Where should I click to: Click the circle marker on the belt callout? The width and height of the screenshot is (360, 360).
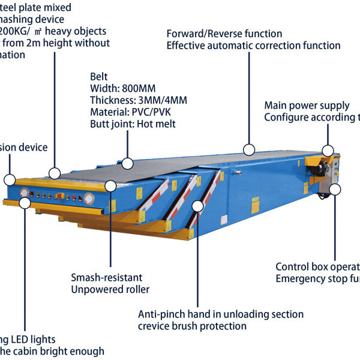pyautogui.click(x=127, y=163)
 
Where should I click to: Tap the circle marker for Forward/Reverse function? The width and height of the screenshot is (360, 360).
pyautogui.click(x=249, y=149)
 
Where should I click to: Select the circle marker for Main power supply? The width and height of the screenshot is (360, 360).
pyautogui.click(x=328, y=151)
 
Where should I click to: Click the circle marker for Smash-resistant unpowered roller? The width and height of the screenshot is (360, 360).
pyautogui.click(x=110, y=185)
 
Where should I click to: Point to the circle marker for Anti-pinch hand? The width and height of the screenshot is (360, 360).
pyautogui.click(x=198, y=206)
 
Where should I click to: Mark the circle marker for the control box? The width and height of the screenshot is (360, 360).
pyautogui.click(x=334, y=190)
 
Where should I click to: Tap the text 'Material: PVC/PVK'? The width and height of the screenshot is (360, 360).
pyautogui.click(x=127, y=112)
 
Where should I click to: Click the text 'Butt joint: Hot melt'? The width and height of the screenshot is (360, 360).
pyautogui.click(x=133, y=124)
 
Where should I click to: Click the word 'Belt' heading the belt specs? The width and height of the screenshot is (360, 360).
pyautogui.click(x=99, y=77)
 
